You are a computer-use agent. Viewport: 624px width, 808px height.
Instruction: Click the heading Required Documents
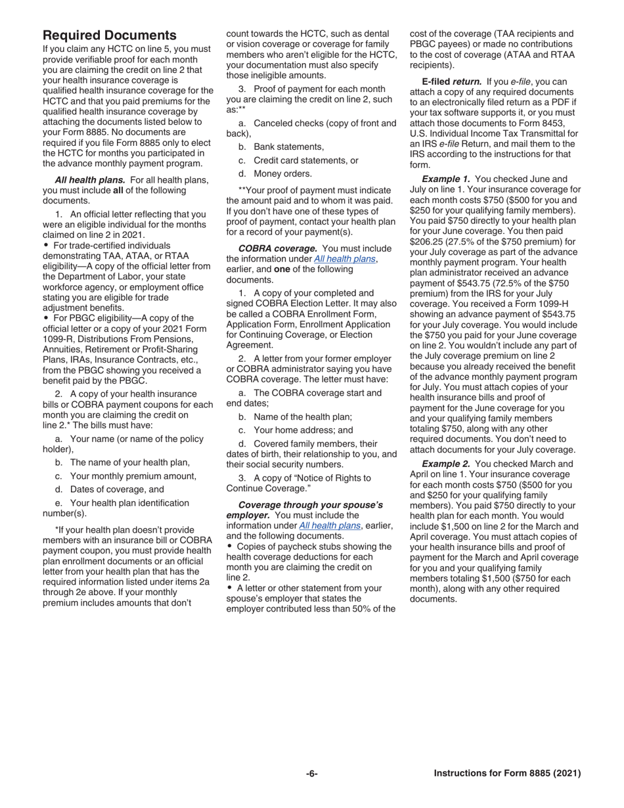pyautogui.click(x=110, y=35)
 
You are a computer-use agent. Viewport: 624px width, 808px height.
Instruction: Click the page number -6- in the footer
pyautogui.click(x=311, y=773)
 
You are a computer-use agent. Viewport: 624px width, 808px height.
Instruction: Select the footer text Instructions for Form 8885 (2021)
pyautogui.click(x=507, y=773)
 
